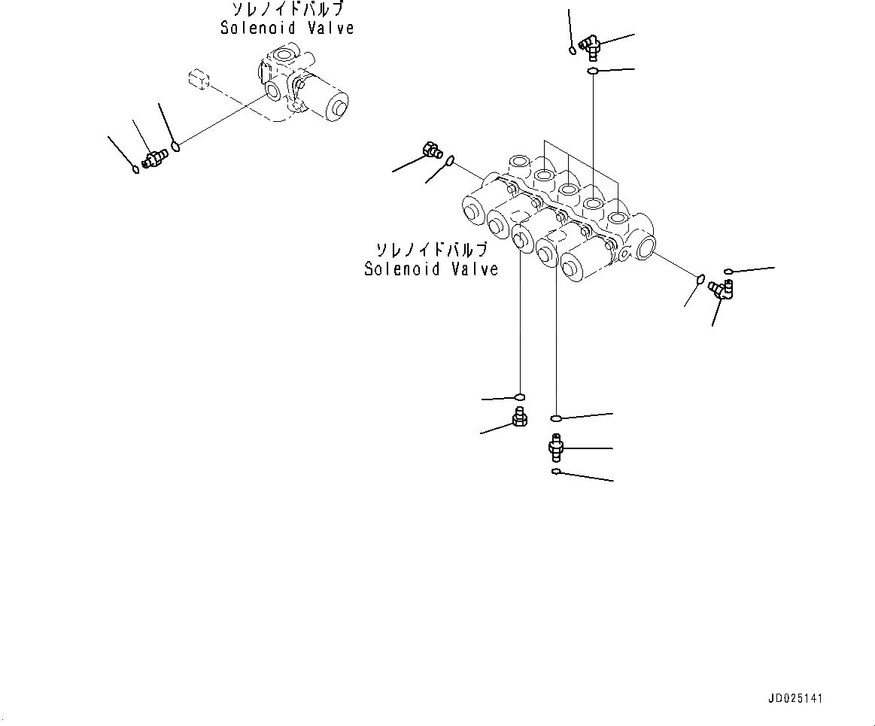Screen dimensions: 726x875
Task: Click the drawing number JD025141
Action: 795,699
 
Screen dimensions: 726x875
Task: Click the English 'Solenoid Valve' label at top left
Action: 287,28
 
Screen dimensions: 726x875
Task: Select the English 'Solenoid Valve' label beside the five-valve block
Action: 431,269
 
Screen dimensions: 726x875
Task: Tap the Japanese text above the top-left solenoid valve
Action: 287,10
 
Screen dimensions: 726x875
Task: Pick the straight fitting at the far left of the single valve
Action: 155,158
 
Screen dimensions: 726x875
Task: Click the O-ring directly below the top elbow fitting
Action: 593,71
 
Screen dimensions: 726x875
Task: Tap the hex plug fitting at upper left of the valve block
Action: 433,150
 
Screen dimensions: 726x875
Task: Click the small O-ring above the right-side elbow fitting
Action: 728,271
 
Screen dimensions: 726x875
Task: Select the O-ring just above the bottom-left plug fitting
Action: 519,396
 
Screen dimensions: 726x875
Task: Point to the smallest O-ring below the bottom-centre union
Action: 555,472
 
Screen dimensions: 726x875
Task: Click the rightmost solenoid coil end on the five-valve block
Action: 579,263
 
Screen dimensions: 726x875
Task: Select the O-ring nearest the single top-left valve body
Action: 175,146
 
